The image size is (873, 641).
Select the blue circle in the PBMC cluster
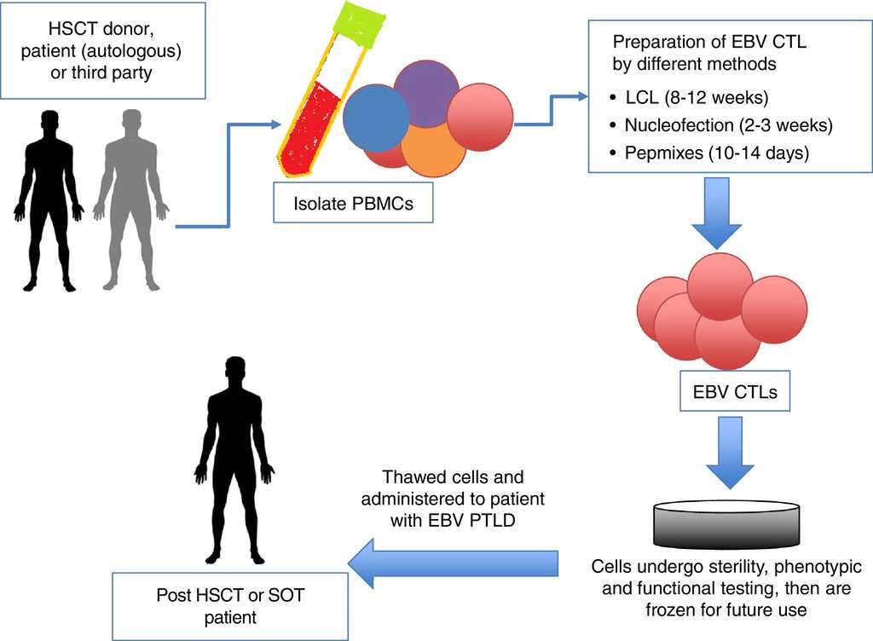tap(376, 119)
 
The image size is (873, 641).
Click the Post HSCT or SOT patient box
tap(230, 605)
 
